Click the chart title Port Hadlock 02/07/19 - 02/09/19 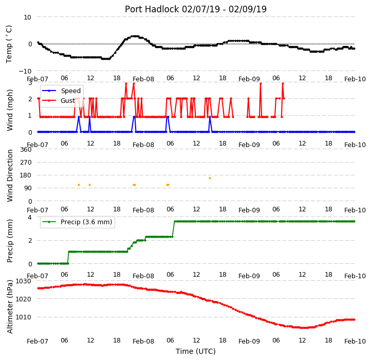(x=196, y=9)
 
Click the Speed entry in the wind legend (x=71, y=91)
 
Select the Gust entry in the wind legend (x=68, y=100)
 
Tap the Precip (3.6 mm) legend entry (x=86, y=222)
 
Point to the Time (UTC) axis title (x=196, y=351)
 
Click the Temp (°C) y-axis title (x=9, y=44)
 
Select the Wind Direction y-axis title (x=10, y=175)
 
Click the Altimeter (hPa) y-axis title (x=10, y=307)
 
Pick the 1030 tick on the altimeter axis (x=24, y=281)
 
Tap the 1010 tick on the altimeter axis (x=24, y=317)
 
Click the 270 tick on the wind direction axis (x=26, y=163)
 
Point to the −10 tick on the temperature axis (x=25, y=71)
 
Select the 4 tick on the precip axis (x=30, y=217)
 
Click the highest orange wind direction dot (x=210, y=178)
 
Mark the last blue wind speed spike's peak (x=210, y=117)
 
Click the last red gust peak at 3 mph (x=283, y=84)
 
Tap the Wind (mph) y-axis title (x=10, y=110)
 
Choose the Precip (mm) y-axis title (x=10, y=241)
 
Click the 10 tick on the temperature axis (x=27, y=17)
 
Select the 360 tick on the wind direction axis (x=26, y=150)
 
